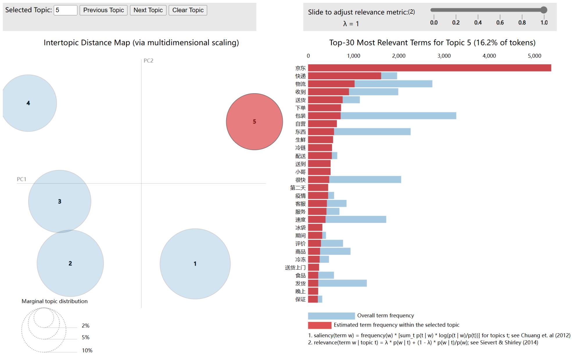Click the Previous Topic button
pos(103,10)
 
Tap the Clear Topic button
pos(188,10)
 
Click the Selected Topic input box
pos(65,10)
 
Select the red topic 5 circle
pos(254,122)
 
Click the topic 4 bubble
pos(28,103)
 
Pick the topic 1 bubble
pos(195,264)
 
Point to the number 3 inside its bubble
pos(60,201)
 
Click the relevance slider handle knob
pos(544,10)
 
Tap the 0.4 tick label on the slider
pos(478,23)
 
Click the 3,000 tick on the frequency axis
pos(444,56)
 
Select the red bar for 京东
pos(429,68)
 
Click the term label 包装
pos(300,116)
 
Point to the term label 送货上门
pos(295,268)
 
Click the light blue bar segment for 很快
pos(365,180)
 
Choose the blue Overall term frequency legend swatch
pos(331,316)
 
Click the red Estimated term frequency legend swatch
pos(320,325)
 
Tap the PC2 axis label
pos(148,61)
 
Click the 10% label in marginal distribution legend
pos(87,350)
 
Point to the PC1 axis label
pos(21,179)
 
